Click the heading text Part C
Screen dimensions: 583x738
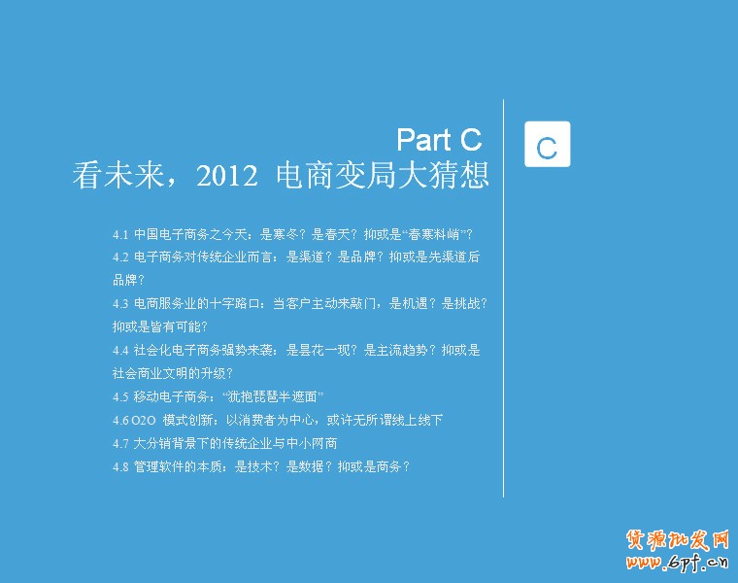(440, 139)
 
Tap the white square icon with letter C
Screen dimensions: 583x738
(547, 145)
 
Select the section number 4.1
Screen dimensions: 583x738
(120, 234)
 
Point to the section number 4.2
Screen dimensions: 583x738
(120, 257)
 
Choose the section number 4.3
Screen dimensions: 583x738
(120, 303)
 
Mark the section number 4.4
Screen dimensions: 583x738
(120, 350)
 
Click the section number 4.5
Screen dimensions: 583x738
(120, 396)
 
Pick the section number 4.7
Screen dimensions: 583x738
(120, 443)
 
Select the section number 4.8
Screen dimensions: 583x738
(120, 466)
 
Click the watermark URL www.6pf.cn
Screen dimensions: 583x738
(677, 561)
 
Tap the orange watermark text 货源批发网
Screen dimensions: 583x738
(677, 538)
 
